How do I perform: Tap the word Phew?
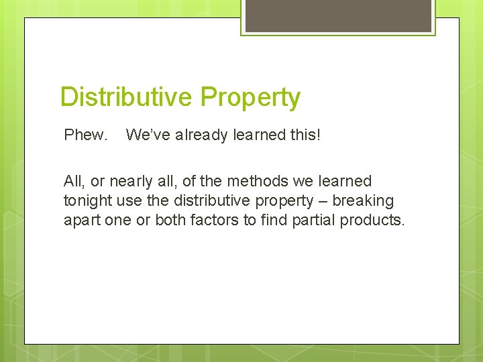pos(85,135)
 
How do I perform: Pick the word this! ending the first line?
pos(305,135)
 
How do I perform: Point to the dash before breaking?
pos(323,201)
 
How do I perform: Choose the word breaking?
pos(363,200)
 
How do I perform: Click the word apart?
pos(82,221)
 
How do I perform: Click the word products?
pos(372,221)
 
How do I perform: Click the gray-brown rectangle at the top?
pos(337,15)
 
